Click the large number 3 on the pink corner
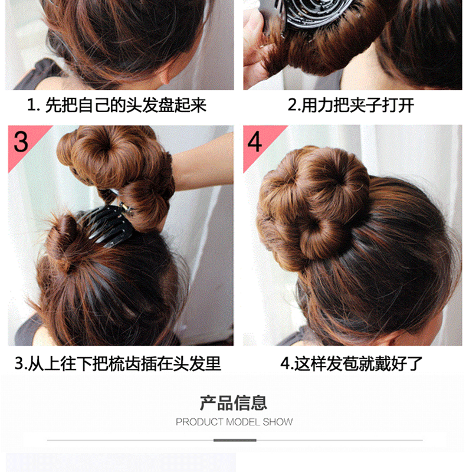coord(21,142)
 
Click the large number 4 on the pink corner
coord(254,142)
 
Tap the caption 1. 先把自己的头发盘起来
coord(117,105)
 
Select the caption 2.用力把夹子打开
coord(351,105)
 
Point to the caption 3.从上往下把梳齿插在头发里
coord(118,363)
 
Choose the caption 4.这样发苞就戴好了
coord(352,363)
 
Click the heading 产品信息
coord(234,403)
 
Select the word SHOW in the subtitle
coord(278,422)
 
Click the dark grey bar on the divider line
coord(235,440)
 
